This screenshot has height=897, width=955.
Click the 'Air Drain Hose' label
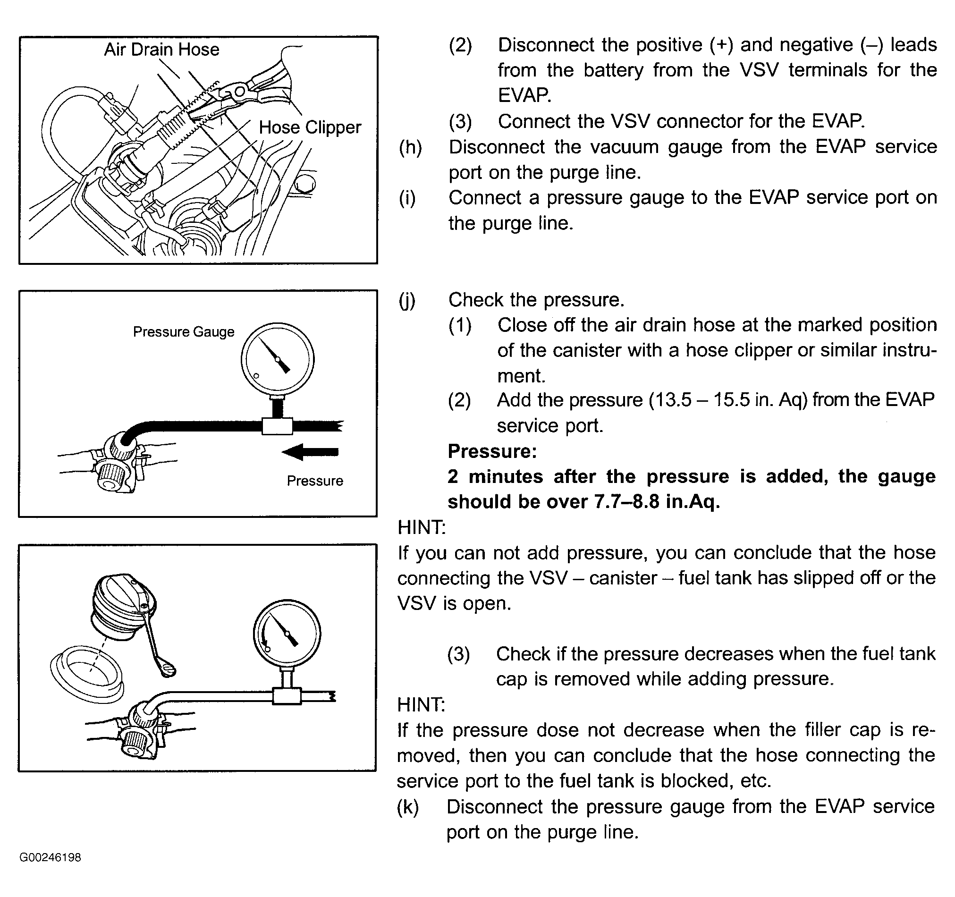161,50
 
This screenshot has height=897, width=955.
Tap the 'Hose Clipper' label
310,127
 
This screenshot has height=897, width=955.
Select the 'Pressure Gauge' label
184,331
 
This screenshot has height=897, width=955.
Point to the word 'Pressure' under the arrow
315,481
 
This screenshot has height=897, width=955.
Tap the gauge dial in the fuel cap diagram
287,634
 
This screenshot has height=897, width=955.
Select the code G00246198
51,871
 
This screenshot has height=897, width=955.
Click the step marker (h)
410,147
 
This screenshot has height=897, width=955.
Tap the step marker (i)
407,198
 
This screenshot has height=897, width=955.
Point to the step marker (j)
407,300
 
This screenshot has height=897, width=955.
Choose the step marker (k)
408,807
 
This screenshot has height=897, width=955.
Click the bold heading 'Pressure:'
492,451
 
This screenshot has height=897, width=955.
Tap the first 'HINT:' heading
421,527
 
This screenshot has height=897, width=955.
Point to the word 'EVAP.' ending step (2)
524,96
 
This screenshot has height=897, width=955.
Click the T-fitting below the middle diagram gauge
277,426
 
